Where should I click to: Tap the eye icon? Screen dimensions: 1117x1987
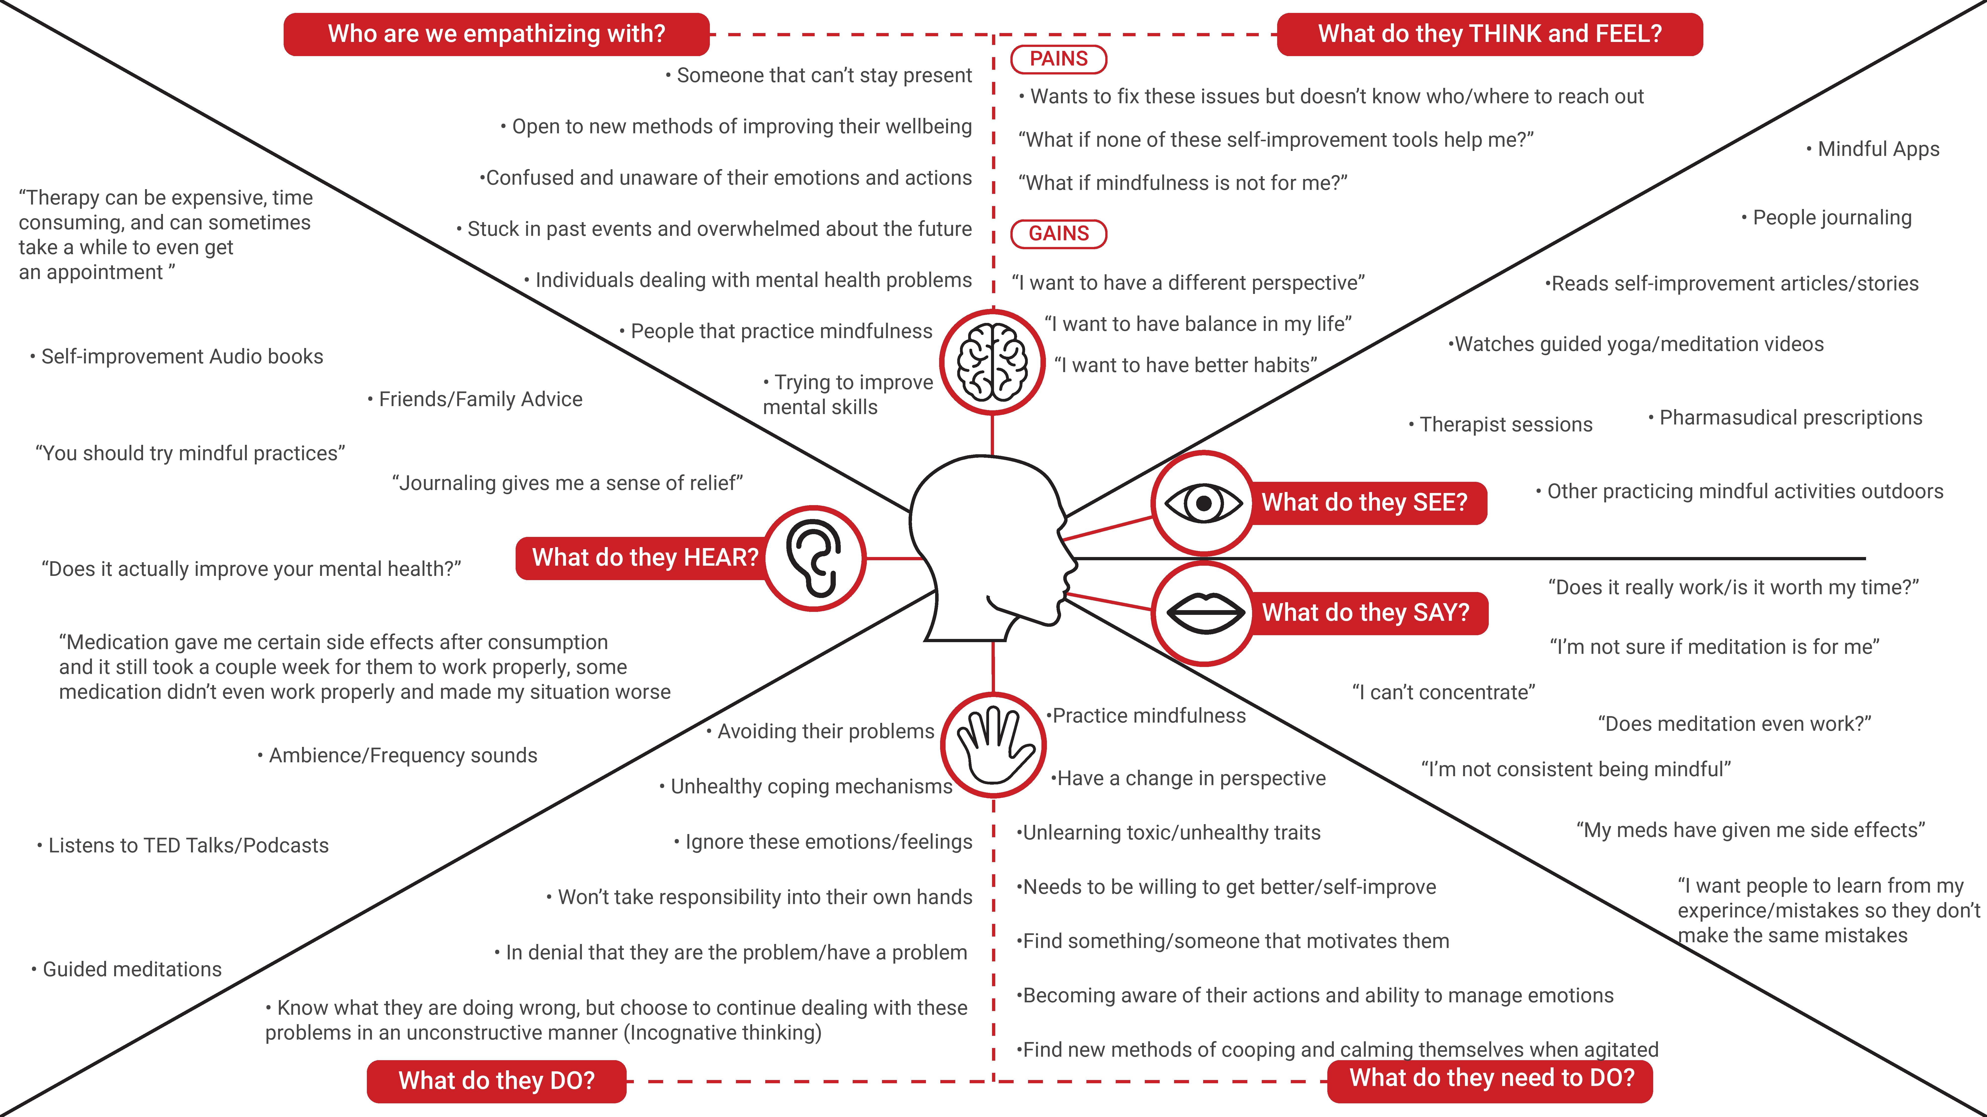1203,503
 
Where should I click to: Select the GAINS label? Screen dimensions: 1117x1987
1058,234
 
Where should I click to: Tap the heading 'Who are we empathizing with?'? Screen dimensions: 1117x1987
496,34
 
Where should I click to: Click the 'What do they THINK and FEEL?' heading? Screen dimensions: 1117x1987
1490,34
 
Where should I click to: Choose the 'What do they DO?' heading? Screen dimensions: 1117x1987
496,1081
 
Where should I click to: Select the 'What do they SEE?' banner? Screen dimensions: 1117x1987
1364,503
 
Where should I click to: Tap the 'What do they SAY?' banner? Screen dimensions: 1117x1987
1365,613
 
